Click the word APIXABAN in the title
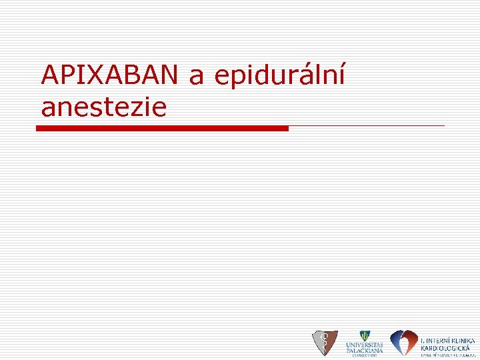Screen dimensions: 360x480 point(109,75)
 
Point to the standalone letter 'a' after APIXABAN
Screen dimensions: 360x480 point(196,78)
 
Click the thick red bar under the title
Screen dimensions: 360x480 point(162,128)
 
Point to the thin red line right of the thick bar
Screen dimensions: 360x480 point(367,125)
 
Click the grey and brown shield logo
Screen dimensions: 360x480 point(325,343)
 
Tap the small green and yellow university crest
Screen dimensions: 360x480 point(364,336)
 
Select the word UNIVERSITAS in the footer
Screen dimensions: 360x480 point(364,345)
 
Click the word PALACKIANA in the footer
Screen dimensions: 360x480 point(364,350)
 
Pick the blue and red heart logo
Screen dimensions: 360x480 point(403,343)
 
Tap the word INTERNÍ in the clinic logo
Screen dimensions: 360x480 point(436,340)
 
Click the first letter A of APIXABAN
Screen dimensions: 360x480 point(49,75)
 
